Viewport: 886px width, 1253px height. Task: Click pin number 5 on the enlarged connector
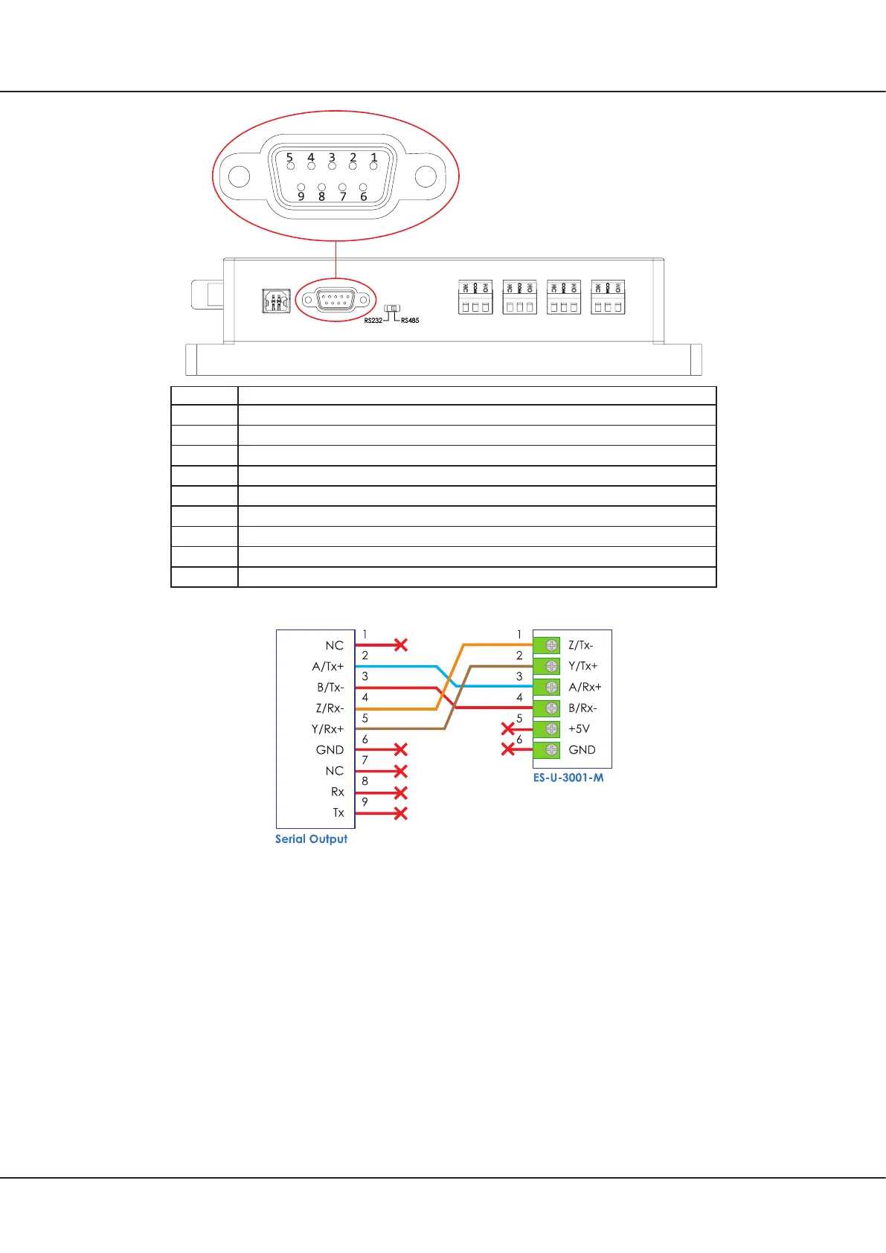click(290, 165)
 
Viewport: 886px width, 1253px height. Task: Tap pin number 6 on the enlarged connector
click(363, 188)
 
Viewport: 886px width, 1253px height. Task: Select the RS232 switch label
click(373, 321)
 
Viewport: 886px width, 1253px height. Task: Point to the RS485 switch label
click(410, 321)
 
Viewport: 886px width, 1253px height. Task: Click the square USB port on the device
click(276, 301)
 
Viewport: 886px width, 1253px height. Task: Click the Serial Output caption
click(311, 839)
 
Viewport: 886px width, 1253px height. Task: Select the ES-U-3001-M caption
click(568, 778)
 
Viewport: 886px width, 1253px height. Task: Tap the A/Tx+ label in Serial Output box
click(328, 667)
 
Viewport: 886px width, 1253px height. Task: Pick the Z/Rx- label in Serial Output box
click(330, 708)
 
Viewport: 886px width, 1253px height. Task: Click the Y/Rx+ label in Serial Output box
click(327, 729)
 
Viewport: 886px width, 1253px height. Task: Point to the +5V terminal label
click(579, 729)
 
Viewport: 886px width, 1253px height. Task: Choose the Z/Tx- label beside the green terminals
click(581, 646)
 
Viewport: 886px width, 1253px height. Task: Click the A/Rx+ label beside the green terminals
click(585, 688)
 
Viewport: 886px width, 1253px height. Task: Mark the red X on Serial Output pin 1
click(400, 644)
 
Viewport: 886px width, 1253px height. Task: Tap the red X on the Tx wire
click(400, 813)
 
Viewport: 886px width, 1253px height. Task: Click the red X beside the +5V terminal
click(508, 728)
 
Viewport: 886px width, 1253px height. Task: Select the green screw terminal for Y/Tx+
click(551, 666)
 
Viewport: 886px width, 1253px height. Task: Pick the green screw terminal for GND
click(551, 750)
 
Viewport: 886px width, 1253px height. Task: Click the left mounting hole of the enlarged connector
click(239, 177)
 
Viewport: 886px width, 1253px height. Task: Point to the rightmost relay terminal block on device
click(608, 298)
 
